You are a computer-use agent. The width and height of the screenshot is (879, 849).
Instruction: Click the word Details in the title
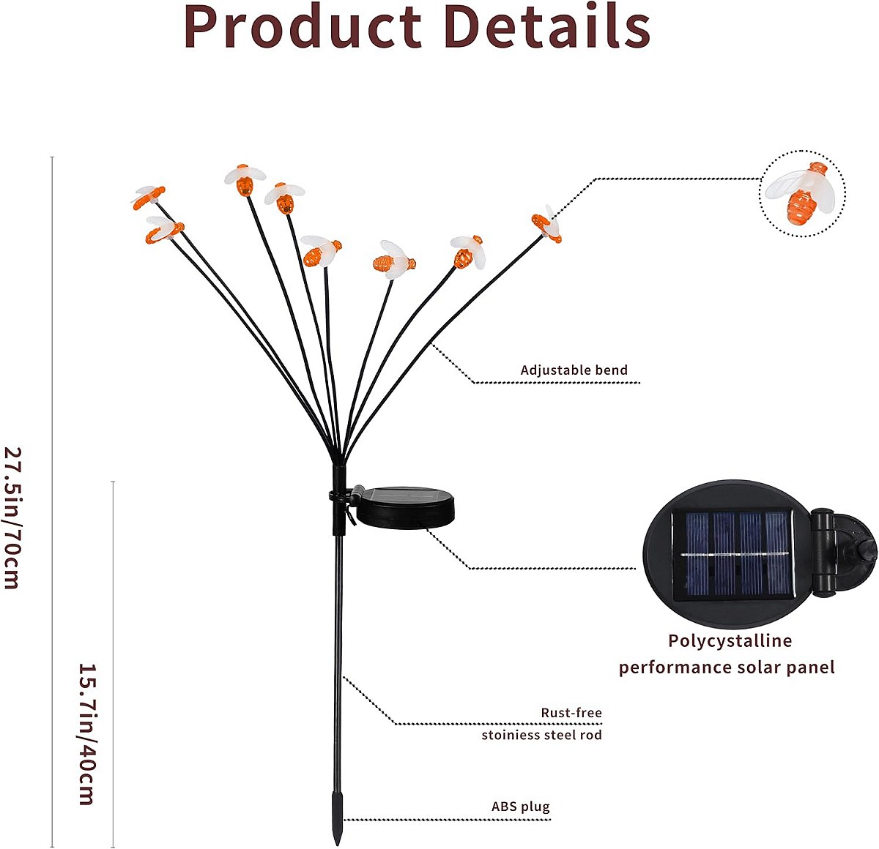tap(547, 26)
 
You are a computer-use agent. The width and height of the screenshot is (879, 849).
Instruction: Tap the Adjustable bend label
tap(574, 370)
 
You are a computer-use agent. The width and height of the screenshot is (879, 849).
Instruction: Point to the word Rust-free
tap(571, 712)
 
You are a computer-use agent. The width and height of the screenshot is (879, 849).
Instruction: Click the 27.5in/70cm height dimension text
tap(12, 518)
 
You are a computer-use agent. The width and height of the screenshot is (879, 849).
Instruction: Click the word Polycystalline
tap(730, 641)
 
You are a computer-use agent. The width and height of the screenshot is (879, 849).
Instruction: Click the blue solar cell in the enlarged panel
tap(733, 556)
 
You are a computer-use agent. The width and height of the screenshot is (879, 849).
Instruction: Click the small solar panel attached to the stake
tap(405, 507)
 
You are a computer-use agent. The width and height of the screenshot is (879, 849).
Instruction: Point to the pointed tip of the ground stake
tap(337, 845)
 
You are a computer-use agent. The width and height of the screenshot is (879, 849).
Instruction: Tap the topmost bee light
tap(245, 179)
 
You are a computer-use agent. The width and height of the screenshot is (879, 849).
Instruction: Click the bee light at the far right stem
tap(547, 223)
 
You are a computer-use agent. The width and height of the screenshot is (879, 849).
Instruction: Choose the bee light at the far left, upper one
tap(149, 197)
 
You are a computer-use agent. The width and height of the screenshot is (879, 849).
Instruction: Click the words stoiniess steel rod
tap(541, 735)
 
